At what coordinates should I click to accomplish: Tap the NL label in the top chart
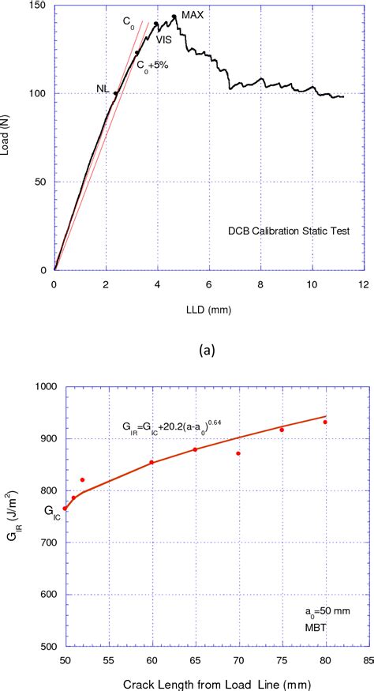pyautogui.click(x=103, y=88)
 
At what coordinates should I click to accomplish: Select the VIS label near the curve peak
pyautogui.click(x=163, y=39)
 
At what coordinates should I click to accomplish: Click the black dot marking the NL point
pyautogui.click(x=116, y=93)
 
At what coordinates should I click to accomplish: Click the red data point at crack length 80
pyautogui.click(x=324, y=422)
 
